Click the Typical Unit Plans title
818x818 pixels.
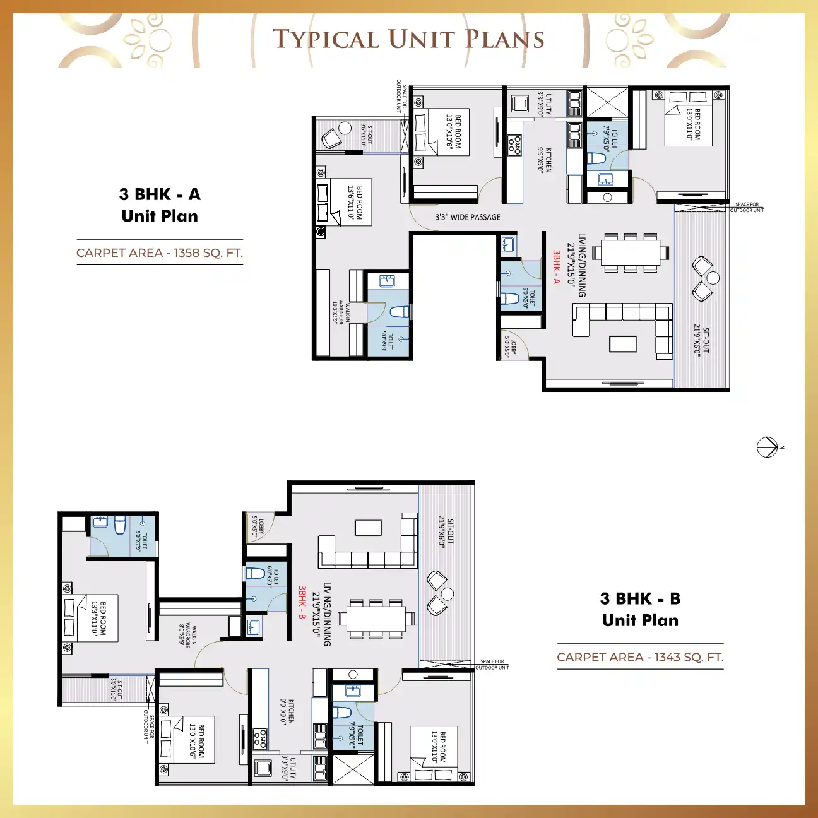pyautogui.click(x=408, y=39)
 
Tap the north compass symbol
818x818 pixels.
pyautogui.click(x=767, y=447)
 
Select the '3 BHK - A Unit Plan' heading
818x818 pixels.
pyautogui.click(x=160, y=205)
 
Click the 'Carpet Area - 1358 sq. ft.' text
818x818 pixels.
pyautogui.click(x=160, y=252)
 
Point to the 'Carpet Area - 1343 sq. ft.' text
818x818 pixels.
pyautogui.click(x=640, y=657)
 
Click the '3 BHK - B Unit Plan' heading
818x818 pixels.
pyautogui.click(x=640, y=609)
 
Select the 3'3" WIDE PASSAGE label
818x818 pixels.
pyautogui.click(x=467, y=217)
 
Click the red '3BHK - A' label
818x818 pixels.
pyautogui.click(x=556, y=267)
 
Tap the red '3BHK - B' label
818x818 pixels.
pyautogui.click(x=302, y=602)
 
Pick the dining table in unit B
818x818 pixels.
pyautogui.click(x=376, y=619)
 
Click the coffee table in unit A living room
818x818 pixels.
pyautogui.click(x=622, y=343)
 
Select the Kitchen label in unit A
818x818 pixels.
pyautogui.click(x=545, y=160)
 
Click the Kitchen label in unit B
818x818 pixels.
pyautogui.click(x=287, y=711)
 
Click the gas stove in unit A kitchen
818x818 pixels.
pyautogui.click(x=514, y=145)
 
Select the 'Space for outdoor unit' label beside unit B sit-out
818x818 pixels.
pyautogui.click(x=492, y=665)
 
